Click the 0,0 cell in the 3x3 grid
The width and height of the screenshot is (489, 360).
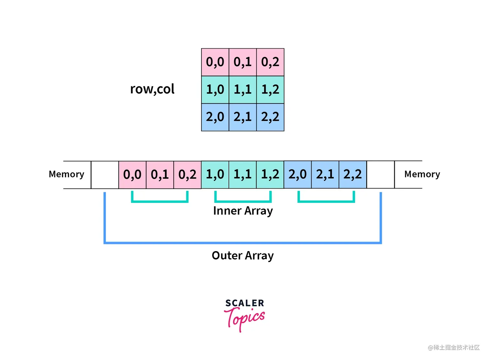(x=215, y=62)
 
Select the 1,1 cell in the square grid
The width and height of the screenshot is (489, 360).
(x=243, y=90)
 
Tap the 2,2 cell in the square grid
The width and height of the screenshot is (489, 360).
(x=270, y=117)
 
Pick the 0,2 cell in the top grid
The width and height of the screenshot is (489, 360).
(x=270, y=62)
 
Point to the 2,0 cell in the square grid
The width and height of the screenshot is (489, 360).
(x=215, y=117)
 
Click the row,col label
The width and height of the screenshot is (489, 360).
(x=152, y=89)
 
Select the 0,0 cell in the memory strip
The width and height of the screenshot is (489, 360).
(x=132, y=175)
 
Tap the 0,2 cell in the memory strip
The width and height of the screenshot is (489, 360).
(x=187, y=175)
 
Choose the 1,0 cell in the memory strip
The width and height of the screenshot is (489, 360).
(x=215, y=175)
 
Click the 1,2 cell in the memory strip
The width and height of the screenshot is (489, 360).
(x=270, y=175)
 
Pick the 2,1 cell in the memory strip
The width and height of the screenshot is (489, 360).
(x=325, y=175)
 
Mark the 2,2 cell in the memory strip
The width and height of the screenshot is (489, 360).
(x=353, y=175)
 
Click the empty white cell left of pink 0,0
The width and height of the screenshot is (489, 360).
(x=105, y=175)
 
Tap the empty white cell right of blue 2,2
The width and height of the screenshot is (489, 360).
(x=380, y=175)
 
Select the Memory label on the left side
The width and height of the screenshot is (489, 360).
(x=66, y=175)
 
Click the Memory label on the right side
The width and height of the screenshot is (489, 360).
(x=422, y=175)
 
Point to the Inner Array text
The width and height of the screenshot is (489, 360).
(x=243, y=211)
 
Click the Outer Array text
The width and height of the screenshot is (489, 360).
(x=243, y=256)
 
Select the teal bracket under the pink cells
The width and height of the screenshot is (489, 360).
(x=160, y=201)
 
